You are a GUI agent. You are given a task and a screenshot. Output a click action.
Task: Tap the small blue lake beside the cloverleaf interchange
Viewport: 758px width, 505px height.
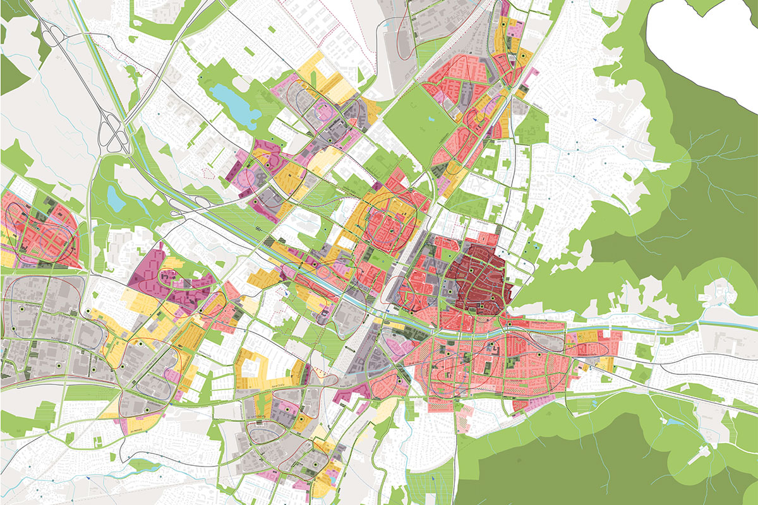tap(116, 198)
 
